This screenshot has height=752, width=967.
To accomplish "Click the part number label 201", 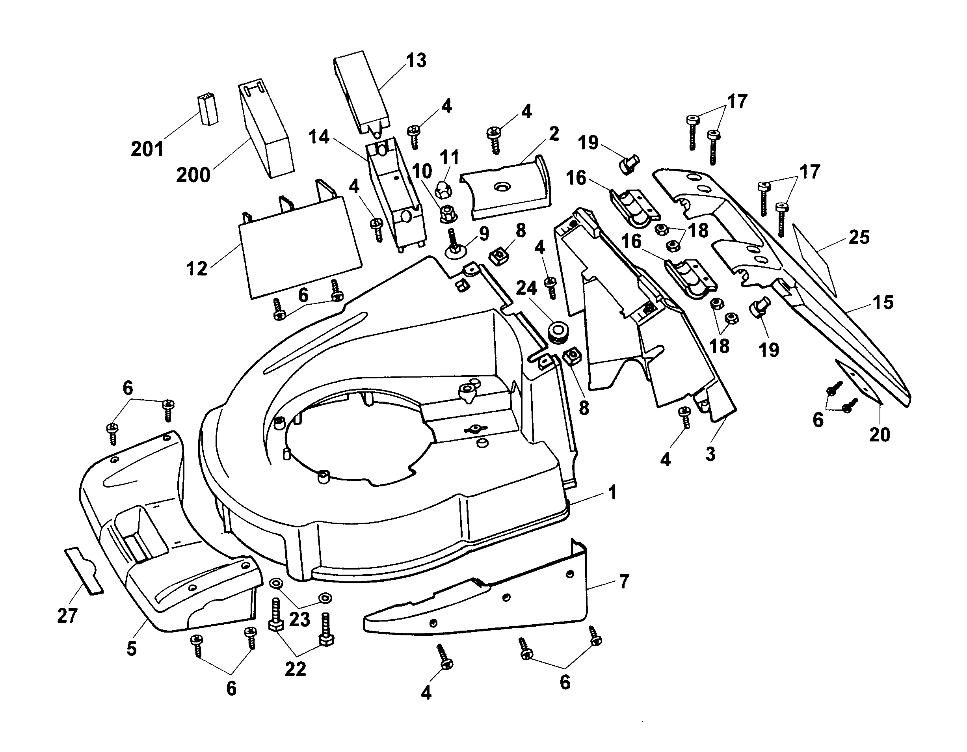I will pos(147,149).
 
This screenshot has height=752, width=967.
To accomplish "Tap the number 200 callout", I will pos(193,175).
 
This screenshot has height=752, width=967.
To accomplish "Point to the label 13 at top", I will pos(416,61).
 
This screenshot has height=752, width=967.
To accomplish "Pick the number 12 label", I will pos(197,268).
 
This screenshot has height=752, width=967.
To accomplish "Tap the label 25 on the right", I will pos(859,237).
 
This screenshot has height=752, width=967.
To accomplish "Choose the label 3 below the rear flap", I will pos(710,454).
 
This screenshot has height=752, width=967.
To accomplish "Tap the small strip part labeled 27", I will pos(83,570).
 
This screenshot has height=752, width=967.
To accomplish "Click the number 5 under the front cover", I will pos(132,649).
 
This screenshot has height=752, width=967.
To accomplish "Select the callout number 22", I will pos(295,669).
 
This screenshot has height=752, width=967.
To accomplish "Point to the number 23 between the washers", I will pos(299,620).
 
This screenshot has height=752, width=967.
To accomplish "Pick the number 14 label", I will pos(319,137).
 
